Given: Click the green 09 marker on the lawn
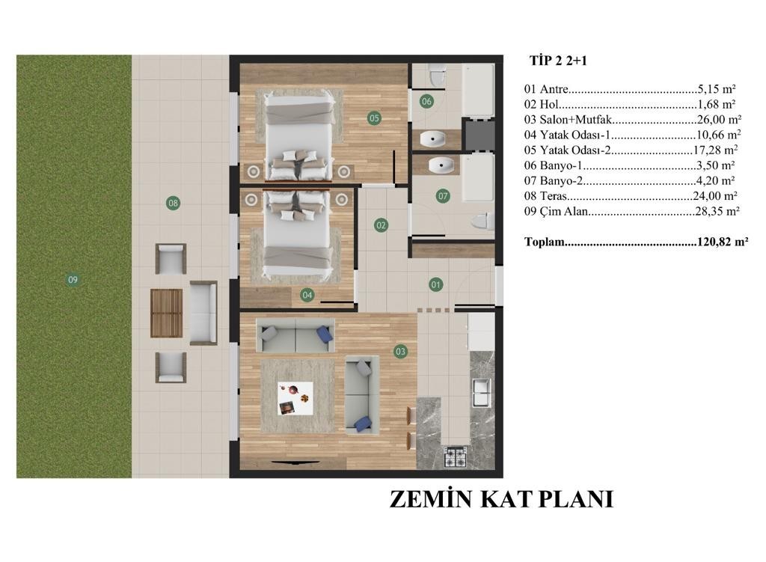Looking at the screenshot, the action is (73, 280).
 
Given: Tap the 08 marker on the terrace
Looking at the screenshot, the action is (173, 203).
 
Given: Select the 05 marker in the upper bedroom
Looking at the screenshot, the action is (374, 117).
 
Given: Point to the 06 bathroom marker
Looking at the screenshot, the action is (426, 101).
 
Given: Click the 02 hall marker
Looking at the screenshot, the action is (381, 225).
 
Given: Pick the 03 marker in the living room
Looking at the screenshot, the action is (401, 352).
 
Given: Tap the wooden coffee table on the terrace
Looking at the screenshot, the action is (166, 314).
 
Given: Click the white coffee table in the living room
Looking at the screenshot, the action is (295, 398).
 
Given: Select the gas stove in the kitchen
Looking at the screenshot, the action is (456, 457).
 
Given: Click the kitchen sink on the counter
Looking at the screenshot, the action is (482, 392).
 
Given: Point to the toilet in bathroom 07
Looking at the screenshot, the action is (483, 222).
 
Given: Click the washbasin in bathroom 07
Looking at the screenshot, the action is (441, 165).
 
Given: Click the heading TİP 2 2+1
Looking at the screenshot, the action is (558, 61).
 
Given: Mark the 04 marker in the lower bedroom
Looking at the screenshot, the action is (307, 295).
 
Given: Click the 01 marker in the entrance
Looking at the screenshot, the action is (436, 284).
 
